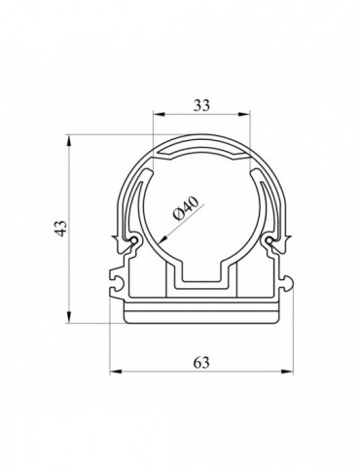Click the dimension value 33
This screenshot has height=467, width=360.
(x=201, y=105)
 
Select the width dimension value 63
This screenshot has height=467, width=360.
(x=201, y=363)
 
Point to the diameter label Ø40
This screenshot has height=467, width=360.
(x=186, y=208)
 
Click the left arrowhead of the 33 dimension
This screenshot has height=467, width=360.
(x=159, y=114)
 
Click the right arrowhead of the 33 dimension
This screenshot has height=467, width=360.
(x=244, y=114)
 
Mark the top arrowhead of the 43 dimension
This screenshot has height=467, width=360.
(x=69, y=141)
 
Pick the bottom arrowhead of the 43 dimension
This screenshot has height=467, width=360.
(x=69, y=317)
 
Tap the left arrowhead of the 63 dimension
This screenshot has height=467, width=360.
(x=116, y=372)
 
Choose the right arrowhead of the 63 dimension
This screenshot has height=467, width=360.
(x=287, y=372)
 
